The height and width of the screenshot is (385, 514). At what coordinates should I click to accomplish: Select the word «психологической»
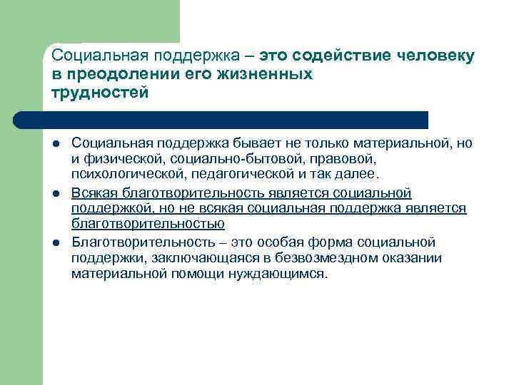pos(121,173)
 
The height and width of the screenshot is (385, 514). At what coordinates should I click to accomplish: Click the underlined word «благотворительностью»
pos(148,224)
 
